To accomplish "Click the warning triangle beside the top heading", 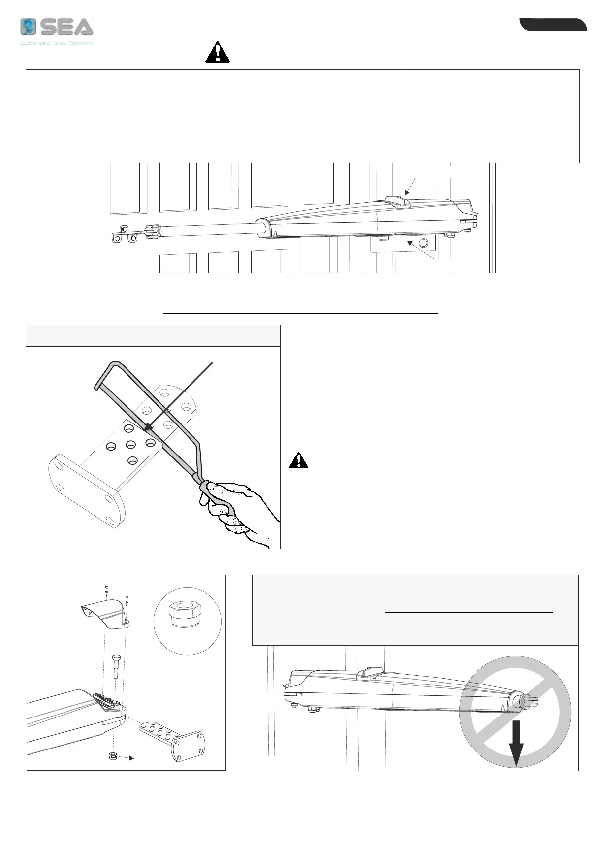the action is coord(217,52).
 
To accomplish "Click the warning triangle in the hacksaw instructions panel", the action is coord(298,460).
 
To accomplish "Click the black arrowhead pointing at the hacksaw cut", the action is coord(148,426).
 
